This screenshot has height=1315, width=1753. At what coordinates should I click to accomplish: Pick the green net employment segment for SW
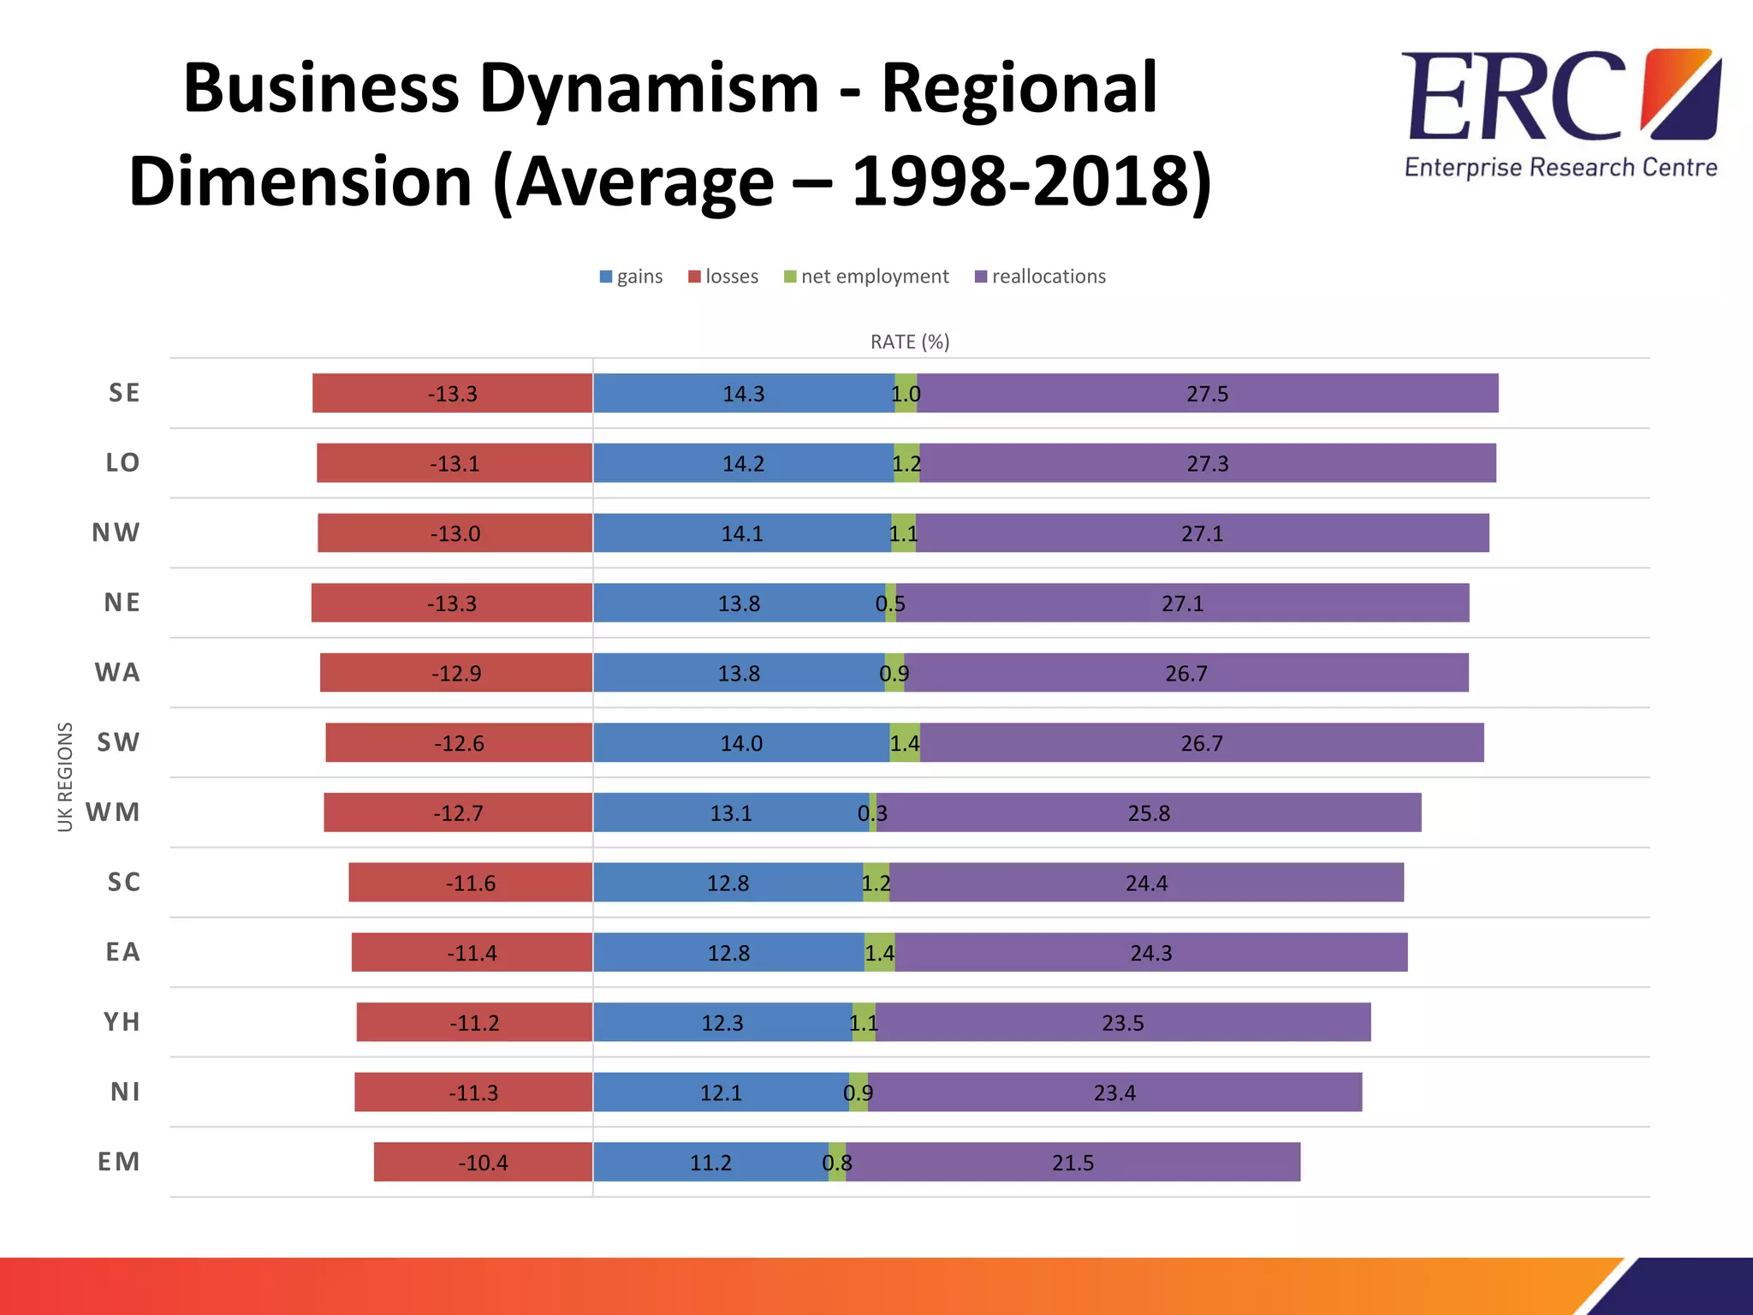905,742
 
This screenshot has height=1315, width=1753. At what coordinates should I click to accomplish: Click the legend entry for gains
632,277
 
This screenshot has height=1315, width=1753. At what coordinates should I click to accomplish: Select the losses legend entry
724,277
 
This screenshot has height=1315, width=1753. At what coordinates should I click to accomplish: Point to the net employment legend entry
867,277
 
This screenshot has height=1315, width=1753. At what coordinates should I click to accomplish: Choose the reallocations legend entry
1041,277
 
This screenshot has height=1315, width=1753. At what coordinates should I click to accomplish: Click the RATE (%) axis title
910,342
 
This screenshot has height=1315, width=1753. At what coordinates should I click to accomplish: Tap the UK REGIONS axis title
65,777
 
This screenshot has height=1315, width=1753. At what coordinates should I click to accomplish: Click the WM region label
113,812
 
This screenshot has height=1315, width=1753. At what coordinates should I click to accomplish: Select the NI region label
125,1092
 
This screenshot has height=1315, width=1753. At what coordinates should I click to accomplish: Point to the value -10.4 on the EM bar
483,1163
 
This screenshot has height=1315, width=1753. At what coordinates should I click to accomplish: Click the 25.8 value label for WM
1149,812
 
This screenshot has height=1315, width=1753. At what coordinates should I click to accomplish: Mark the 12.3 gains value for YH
722,1023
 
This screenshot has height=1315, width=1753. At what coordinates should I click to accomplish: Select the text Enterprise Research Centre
1560,167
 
